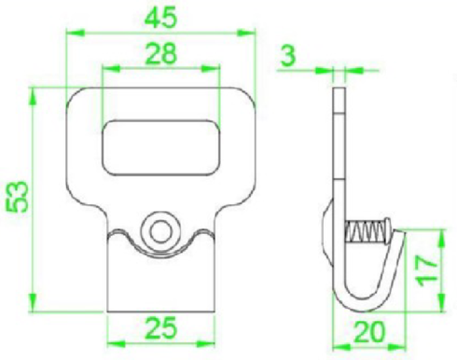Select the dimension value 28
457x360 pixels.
point(161,53)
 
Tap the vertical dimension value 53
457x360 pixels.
point(18,197)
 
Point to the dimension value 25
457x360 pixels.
point(161,328)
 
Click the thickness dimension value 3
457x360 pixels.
point(288,56)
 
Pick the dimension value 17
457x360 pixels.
point(427,270)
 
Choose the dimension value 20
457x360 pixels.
point(369,332)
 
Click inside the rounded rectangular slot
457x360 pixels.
point(161,147)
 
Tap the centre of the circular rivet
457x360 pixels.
point(161,231)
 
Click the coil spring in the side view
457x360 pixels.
point(367,231)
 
